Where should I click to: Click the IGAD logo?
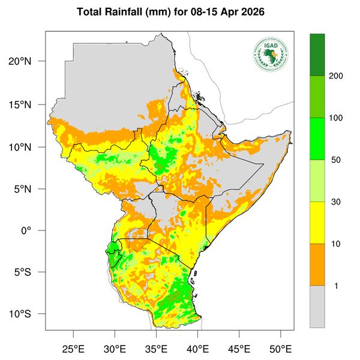[271, 54]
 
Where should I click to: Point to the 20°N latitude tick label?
[28, 62]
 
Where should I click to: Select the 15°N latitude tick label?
[28, 104]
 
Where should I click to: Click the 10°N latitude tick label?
[28, 147]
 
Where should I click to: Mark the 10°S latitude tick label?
[28, 314]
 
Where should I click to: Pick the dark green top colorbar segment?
[317, 55]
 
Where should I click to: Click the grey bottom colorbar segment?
[317, 307]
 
